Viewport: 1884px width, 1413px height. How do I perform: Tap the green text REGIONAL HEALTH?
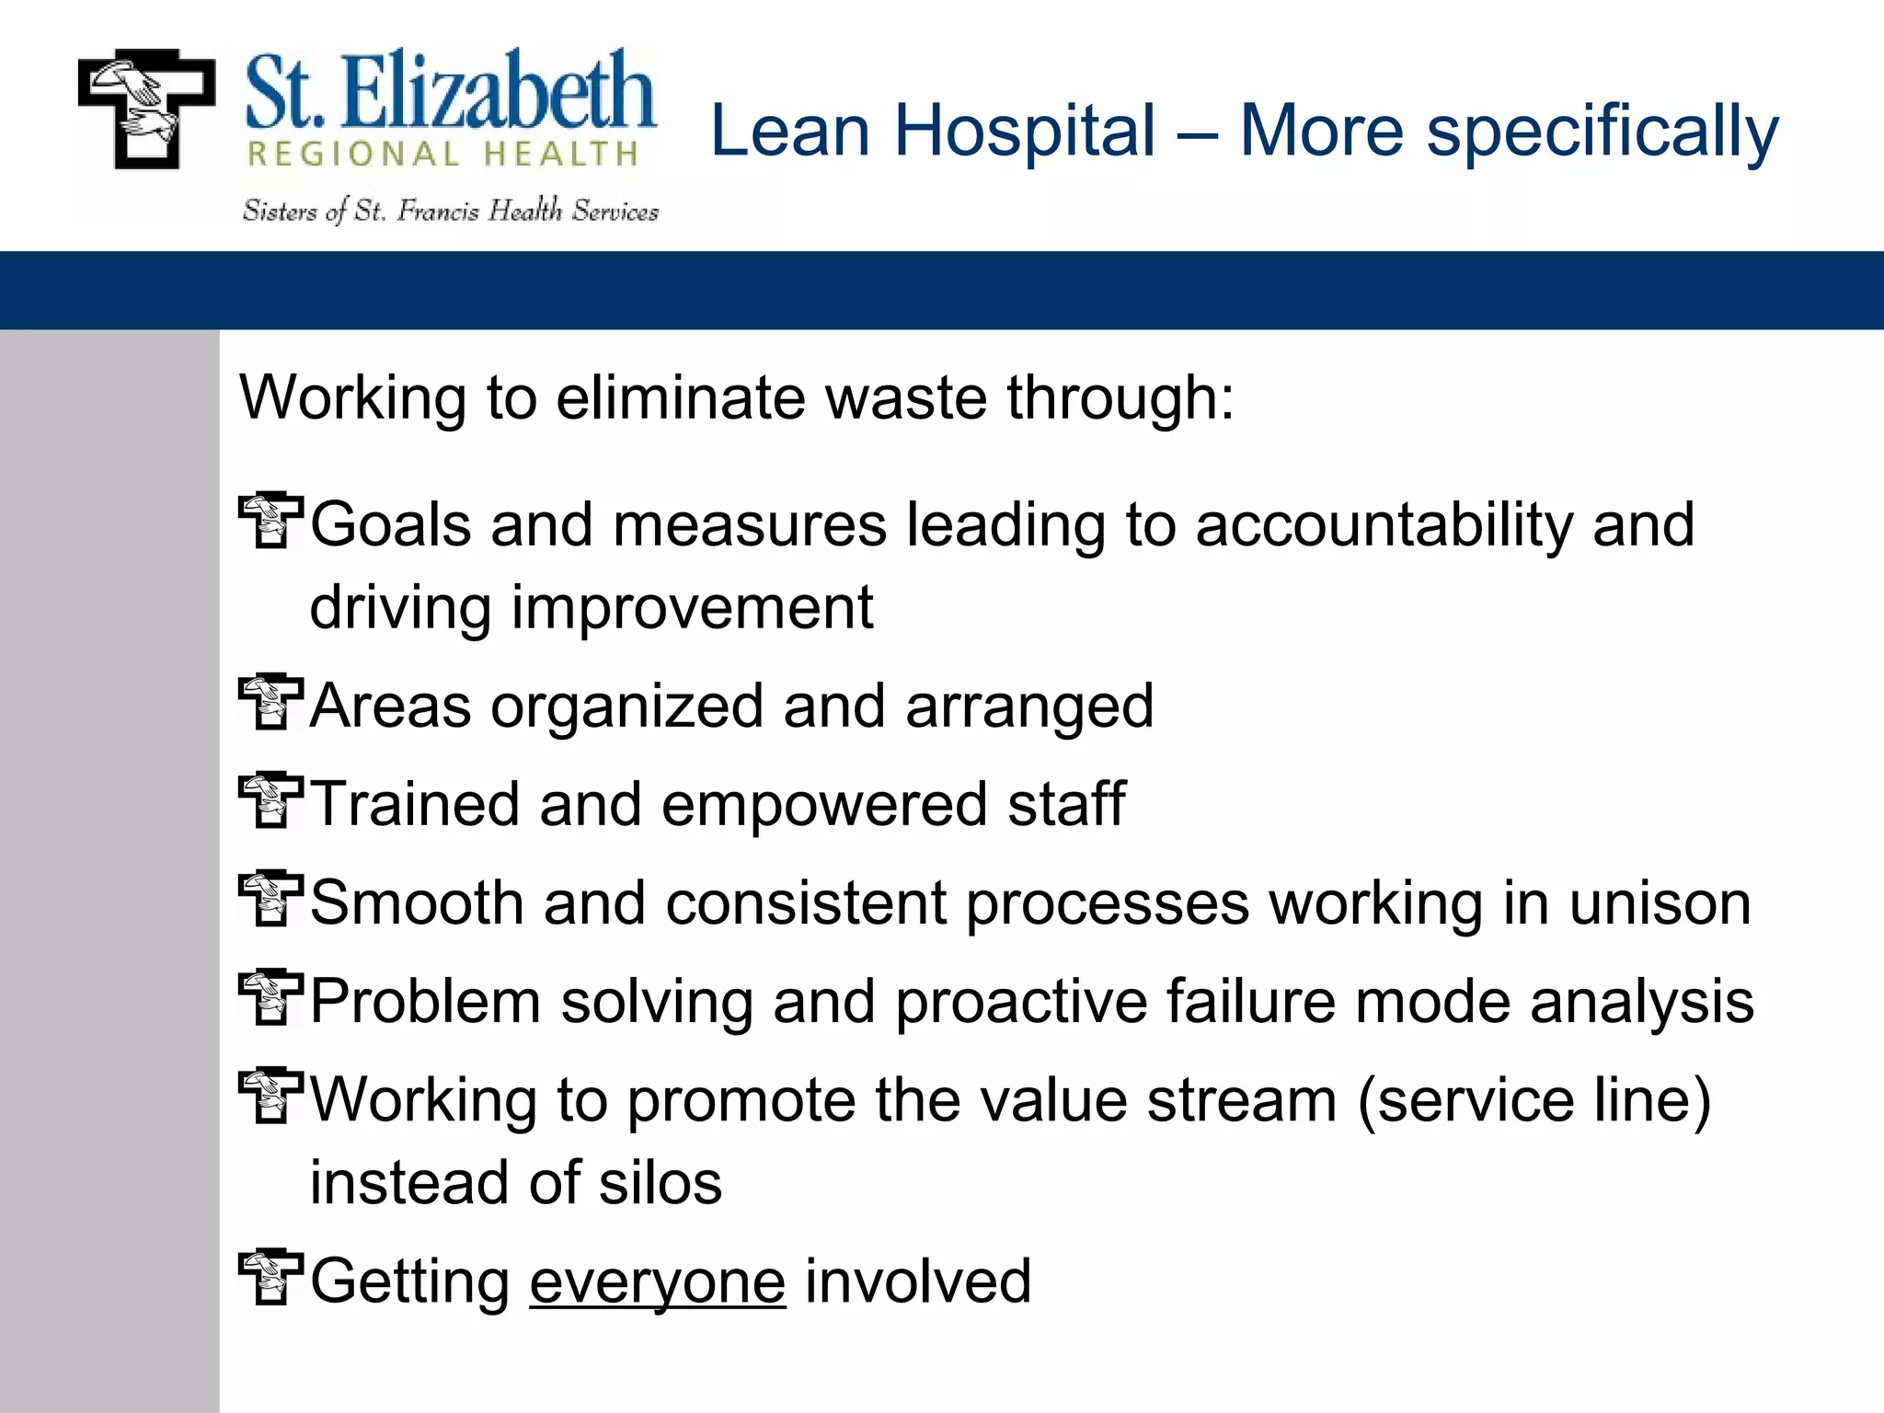pos(442,155)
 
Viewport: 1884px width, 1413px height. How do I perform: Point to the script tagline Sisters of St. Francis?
pos(451,212)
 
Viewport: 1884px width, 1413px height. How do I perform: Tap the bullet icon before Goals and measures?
pos(270,521)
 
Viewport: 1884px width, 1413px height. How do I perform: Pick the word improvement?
pos(692,608)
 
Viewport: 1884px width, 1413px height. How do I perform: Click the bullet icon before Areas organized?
pos(270,702)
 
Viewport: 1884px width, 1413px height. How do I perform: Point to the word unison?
pos(1660,903)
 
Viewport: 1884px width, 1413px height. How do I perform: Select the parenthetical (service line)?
pos(1534,1100)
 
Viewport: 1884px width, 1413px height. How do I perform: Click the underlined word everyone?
pos(657,1282)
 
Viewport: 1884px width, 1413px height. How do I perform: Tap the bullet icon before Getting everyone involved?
pos(270,1277)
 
